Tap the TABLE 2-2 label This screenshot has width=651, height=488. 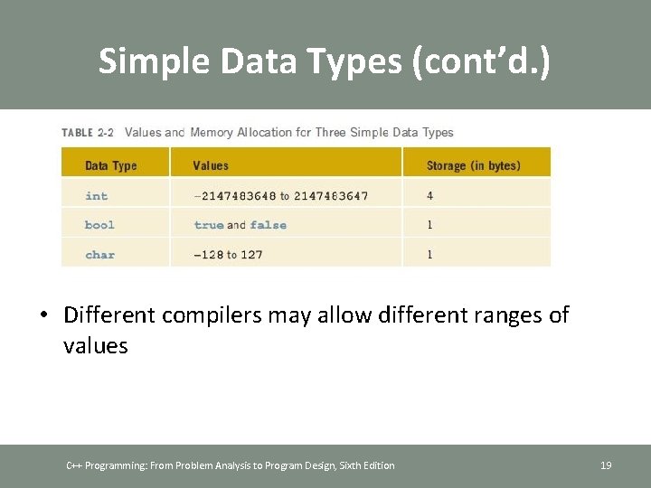point(88,133)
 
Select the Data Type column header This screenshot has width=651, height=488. point(110,165)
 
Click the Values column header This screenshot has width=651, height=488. point(211,165)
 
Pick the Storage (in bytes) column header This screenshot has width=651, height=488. point(474,165)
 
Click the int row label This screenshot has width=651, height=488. point(96,196)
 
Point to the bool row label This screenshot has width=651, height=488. point(99,225)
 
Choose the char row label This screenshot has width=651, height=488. point(99,255)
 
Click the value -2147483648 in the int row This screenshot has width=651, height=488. point(233,196)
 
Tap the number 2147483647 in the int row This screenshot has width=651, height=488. point(330,196)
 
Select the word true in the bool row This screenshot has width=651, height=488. point(209,225)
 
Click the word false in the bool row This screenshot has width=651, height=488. point(269,225)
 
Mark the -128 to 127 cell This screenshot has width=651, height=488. point(228,255)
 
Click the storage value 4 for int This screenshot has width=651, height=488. point(429,196)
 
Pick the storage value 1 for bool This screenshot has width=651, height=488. point(429,225)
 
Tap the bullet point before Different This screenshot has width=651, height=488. point(43,315)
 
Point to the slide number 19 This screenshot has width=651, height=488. point(606,465)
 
